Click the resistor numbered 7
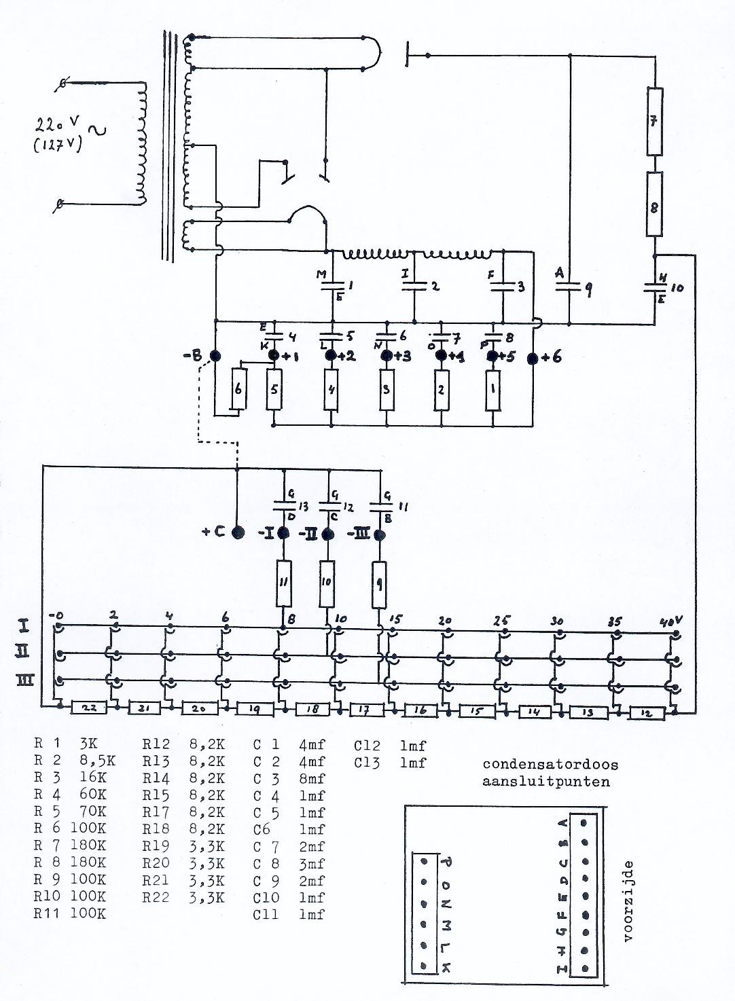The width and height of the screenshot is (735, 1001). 653,121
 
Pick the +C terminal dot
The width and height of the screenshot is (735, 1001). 237,532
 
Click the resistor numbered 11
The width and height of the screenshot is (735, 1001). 283,583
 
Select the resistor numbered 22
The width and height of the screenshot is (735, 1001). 90,707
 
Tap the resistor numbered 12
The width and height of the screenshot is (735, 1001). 647,713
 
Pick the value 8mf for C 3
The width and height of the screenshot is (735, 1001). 312,778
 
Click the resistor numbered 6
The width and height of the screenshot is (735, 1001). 238,389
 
